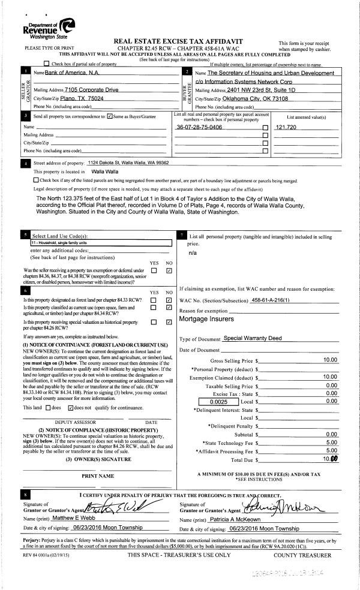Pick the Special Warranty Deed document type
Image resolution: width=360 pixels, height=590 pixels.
point(252,338)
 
